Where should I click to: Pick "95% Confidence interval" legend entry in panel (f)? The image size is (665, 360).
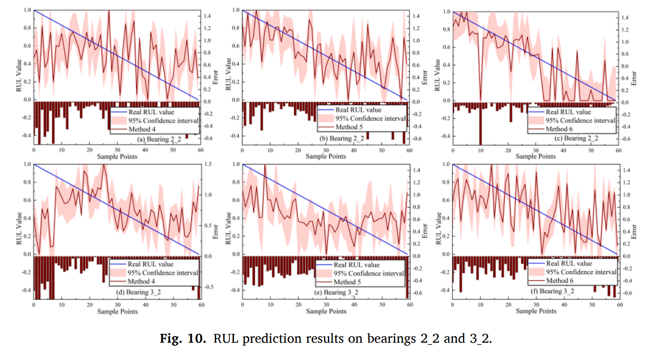click(x=582, y=272)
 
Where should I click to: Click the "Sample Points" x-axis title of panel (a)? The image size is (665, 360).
click(x=117, y=157)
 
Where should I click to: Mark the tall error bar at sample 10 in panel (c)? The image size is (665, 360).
click(x=480, y=124)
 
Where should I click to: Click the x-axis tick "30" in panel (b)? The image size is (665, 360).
click(x=325, y=150)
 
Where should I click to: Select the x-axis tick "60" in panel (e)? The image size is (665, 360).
click(x=409, y=304)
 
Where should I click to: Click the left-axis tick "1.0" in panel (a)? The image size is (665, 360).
click(x=27, y=10)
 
